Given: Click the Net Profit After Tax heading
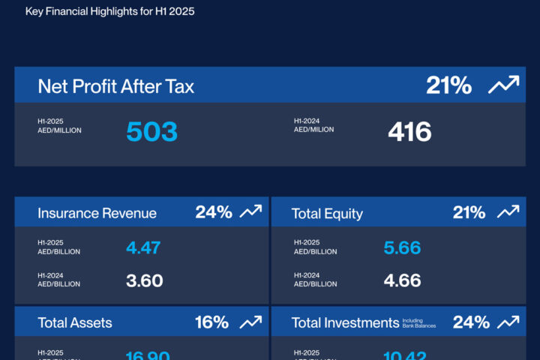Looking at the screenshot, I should tap(115, 86).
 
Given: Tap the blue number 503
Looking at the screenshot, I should tap(151, 131).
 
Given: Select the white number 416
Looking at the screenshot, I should tap(409, 132).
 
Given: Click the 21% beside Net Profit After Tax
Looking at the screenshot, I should tap(448, 85).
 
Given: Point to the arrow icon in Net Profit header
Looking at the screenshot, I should tap(503, 85).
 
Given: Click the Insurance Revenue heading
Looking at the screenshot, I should tap(97, 213).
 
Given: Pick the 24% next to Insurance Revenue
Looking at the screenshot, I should tap(214, 212).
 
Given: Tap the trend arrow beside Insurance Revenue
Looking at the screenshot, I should tap(250, 212).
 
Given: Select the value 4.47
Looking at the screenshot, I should tap(143, 247).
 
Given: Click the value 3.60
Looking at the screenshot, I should tap(144, 281).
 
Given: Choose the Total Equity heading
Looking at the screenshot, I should tap(327, 214).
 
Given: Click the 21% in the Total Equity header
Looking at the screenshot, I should tap(469, 212).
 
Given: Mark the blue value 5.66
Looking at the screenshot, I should tap(402, 247).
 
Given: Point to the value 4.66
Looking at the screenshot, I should tap(402, 281).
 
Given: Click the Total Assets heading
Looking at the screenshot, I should tap(75, 323).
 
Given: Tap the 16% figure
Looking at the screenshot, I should tap(211, 322).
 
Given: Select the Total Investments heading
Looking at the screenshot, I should tap(345, 323).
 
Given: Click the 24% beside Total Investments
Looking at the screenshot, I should tap(471, 322).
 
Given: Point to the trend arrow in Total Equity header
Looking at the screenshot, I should tap(508, 212).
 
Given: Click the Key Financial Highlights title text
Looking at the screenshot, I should tap(109, 12).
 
